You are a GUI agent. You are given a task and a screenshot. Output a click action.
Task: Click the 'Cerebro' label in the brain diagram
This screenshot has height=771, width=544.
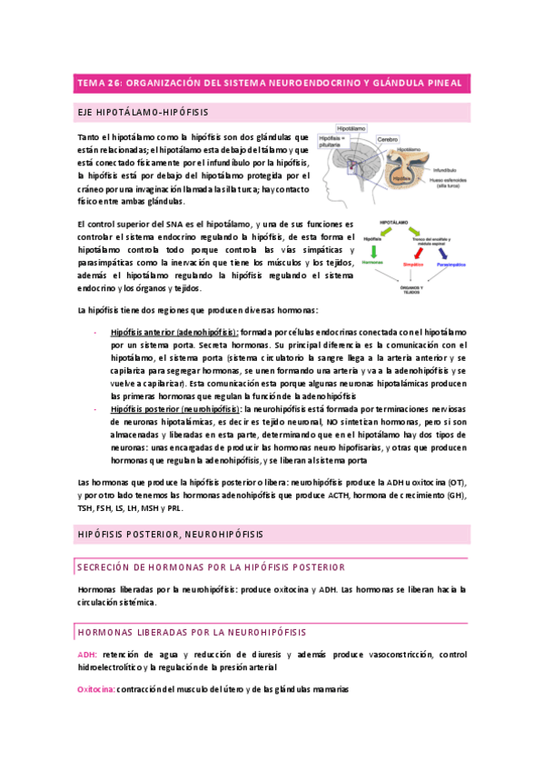pos(389,140)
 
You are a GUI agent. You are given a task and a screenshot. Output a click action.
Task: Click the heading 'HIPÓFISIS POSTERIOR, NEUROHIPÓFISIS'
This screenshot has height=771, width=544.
pos(172,535)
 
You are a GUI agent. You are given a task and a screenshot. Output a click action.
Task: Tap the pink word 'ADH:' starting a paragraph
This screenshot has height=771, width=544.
pos(89,654)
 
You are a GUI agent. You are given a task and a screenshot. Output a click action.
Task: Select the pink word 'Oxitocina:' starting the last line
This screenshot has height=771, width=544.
pos(97,690)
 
